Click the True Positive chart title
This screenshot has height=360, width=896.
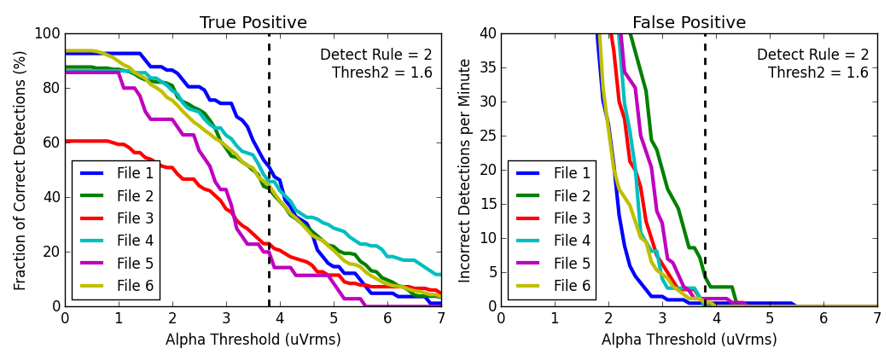pos(253,23)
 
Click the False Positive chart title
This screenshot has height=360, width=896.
pos(689,23)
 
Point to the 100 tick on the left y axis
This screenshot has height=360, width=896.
pos(49,34)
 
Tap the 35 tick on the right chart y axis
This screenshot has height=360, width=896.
pos(489,68)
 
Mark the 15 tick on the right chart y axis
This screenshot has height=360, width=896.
pos(489,204)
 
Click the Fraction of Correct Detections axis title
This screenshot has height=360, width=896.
pos(20,170)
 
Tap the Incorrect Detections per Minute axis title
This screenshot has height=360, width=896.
pos(465,170)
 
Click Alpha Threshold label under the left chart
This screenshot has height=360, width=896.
pos(253,340)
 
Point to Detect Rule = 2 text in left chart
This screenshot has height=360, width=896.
pos(375,55)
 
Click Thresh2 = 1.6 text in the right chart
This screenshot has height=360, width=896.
pos(817,73)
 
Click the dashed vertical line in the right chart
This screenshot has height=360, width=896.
pos(705,171)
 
